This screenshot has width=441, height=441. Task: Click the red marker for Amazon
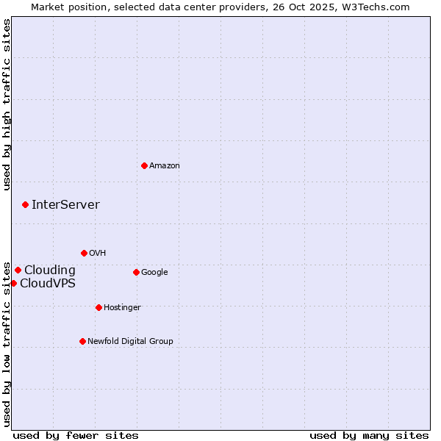point(144,165)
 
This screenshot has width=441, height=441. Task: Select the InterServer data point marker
point(25,204)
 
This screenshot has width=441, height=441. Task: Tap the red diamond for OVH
point(84,253)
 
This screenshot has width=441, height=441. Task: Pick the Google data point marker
point(136,272)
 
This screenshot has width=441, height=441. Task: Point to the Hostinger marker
point(98,307)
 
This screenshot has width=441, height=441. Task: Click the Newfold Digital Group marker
point(82,341)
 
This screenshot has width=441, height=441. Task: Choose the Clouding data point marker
point(18,270)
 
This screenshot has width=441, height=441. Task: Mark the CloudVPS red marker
point(13,283)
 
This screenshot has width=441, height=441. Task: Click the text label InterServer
point(65,205)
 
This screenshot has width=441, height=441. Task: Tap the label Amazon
point(165,166)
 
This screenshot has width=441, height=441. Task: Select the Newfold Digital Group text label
point(130,341)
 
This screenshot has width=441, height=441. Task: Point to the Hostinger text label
point(122,307)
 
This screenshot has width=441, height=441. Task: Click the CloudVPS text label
point(47,284)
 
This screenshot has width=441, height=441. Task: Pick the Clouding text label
point(50,270)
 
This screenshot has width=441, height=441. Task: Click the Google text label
point(154,273)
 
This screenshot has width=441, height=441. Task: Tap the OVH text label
point(98,254)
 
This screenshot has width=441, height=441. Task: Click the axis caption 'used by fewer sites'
point(76,435)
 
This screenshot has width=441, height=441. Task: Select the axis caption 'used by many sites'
point(369,435)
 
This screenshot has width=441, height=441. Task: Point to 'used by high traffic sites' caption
point(7,104)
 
